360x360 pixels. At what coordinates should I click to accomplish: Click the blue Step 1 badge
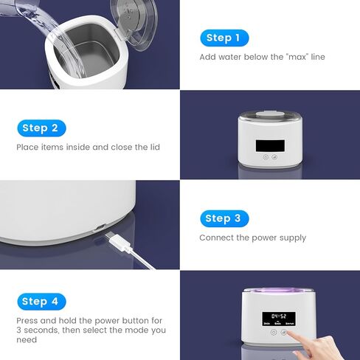click(x=224, y=38)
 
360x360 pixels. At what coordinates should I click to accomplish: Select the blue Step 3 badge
click(x=224, y=218)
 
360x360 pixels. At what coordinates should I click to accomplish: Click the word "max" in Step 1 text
click(x=282, y=57)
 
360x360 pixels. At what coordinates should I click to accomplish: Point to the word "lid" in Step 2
click(x=154, y=147)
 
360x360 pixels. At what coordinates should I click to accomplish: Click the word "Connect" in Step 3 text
click(x=214, y=238)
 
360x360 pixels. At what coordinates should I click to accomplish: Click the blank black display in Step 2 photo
click(x=269, y=142)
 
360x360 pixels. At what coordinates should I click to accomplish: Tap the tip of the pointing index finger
click(x=288, y=333)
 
